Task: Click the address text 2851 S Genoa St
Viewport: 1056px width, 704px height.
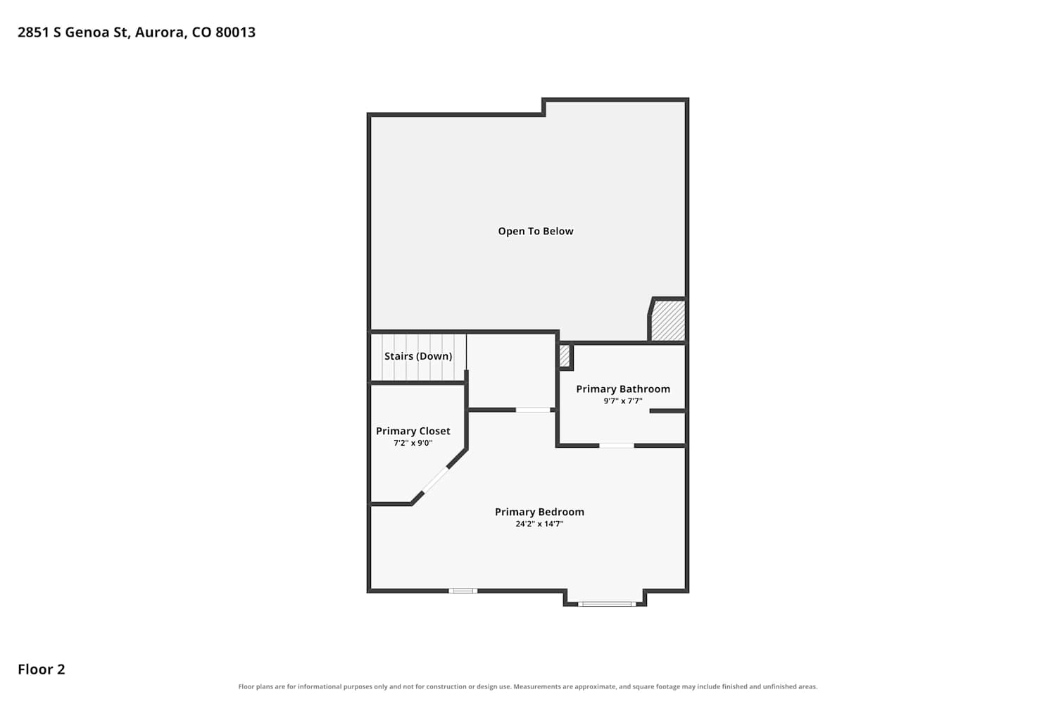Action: tap(73, 32)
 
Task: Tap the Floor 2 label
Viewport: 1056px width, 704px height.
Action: tap(42, 669)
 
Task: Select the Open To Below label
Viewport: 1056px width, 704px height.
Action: tap(536, 231)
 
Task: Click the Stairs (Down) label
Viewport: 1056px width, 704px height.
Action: tap(418, 356)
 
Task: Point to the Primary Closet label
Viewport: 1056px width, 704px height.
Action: tap(413, 431)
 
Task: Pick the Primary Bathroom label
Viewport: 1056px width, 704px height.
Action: tap(623, 389)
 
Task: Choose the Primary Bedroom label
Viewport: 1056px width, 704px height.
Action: tap(539, 512)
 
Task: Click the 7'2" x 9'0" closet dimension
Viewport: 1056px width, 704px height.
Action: tap(413, 443)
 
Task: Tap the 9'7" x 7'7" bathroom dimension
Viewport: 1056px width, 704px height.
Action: tap(623, 401)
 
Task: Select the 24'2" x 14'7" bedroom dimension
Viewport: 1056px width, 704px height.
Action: tap(539, 523)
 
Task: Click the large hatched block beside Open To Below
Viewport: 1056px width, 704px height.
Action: tap(667, 320)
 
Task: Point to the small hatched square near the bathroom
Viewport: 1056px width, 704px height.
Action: tap(565, 356)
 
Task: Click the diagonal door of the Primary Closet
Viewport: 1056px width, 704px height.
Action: tap(435, 479)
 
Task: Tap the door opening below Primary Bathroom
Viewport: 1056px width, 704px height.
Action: tap(617, 446)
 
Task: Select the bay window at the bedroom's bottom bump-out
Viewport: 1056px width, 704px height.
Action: tap(607, 604)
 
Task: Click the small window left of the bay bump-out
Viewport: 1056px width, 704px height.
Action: tap(463, 591)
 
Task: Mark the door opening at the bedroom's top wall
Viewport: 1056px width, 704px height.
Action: tap(533, 410)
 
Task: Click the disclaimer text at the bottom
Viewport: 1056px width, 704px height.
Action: tap(528, 686)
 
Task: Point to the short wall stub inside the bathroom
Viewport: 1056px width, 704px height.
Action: tap(667, 411)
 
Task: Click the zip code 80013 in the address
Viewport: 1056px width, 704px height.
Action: tap(235, 32)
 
